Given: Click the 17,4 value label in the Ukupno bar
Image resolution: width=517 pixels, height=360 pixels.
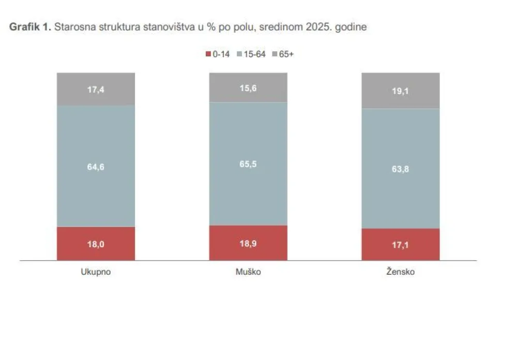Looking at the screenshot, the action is [x=96, y=89].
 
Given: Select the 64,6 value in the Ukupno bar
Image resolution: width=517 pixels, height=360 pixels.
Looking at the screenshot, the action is [x=96, y=167].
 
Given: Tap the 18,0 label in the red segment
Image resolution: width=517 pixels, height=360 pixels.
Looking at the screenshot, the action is [x=96, y=244].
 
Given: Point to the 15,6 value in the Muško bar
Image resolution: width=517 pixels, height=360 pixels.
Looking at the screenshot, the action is [x=248, y=88].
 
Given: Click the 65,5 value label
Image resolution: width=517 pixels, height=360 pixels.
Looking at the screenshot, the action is [x=248, y=164].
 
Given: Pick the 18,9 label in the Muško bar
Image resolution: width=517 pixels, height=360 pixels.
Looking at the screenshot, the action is [x=248, y=244].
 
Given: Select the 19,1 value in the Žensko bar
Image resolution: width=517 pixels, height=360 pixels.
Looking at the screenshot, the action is [x=400, y=91].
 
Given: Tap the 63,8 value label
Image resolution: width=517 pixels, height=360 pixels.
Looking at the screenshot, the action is [x=400, y=169].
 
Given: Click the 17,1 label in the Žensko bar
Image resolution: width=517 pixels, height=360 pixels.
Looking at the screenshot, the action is [x=400, y=245].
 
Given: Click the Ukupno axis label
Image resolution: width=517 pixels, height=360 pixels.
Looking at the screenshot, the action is [x=96, y=272].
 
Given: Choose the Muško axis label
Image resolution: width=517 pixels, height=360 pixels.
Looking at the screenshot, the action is [x=248, y=272].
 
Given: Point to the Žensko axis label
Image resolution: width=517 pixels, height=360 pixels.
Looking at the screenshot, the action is [x=400, y=272].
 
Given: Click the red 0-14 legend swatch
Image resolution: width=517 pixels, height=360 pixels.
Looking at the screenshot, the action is [x=208, y=54].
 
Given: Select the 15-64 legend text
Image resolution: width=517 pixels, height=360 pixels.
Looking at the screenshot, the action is [x=254, y=54].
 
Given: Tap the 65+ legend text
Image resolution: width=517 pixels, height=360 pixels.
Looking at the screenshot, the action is [x=286, y=54].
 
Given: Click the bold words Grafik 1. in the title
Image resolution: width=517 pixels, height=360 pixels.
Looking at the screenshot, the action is [x=30, y=27].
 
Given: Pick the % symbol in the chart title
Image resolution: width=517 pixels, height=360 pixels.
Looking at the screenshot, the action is [x=211, y=27].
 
